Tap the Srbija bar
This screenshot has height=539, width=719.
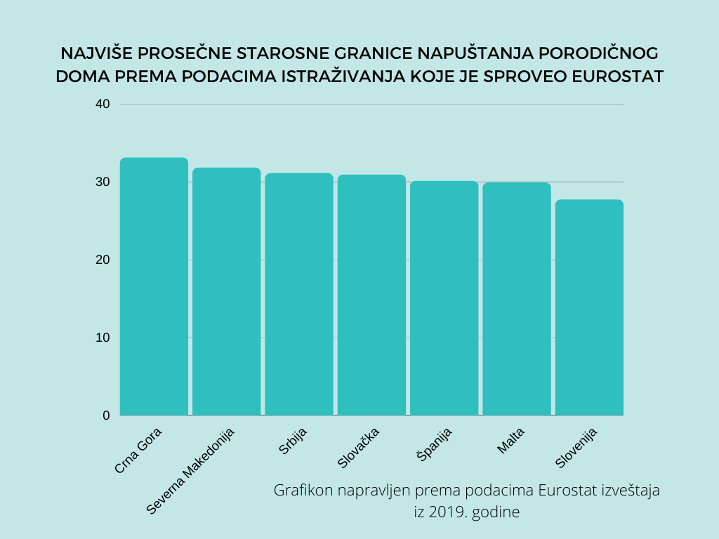tap(298, 294)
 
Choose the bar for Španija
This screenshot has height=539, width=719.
tap(444, 298)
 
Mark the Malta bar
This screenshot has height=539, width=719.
tap(516, 299)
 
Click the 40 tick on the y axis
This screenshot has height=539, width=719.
tap(103, 104)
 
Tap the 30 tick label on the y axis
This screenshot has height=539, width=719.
tap(103, 182)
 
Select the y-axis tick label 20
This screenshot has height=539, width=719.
tap(103, 260)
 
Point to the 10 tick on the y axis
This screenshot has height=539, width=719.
tap(103, 338)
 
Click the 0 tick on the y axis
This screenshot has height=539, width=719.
tap(106, 415)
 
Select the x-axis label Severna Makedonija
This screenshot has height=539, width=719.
tap(191, 470)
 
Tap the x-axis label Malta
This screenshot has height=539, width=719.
tap(511, 440)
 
